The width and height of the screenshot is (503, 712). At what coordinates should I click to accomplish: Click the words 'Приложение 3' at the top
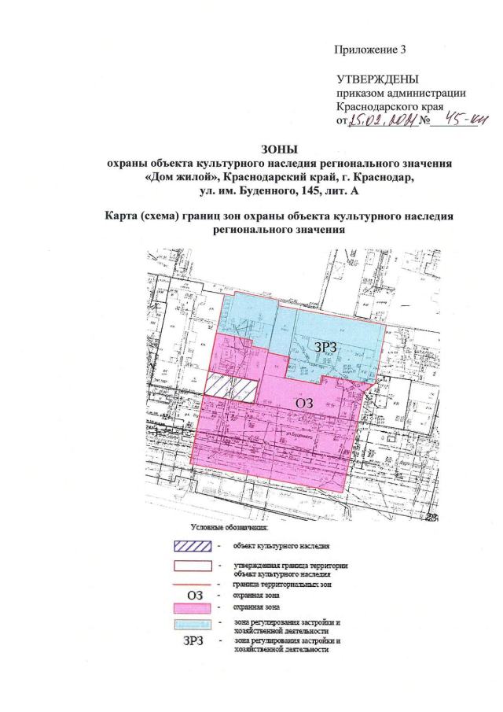(x=370, y=50)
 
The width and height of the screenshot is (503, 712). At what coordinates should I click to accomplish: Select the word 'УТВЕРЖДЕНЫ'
(x=377, y=79)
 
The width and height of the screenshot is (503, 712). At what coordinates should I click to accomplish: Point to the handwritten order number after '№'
(x=464, y=120)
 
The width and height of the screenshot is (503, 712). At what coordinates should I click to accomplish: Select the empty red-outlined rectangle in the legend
(x=193, y=565)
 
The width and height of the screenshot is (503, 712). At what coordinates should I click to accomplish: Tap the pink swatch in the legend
(x=193, y=608)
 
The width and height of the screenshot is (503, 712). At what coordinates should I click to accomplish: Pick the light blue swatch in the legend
(x=193, y=625)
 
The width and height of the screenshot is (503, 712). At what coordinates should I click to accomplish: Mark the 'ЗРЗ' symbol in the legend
(x=193, y=643)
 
